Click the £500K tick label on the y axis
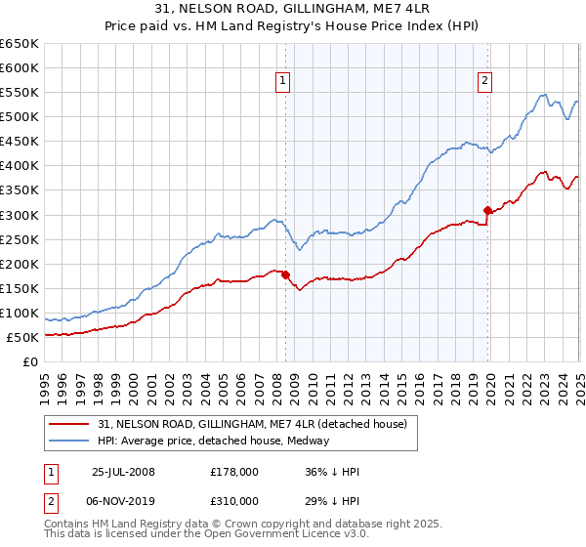click(x=20, y=117)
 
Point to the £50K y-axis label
click(x=23, y=338)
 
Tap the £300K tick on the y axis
click(x=20, y=215)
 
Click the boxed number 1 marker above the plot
click(x=282, y=82)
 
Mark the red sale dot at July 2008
click(x=286, y=274)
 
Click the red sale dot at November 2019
click(x=487, y=210)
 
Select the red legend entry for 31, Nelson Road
click(x=258, y=423)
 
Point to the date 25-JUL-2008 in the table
click(x=123, y=472)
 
